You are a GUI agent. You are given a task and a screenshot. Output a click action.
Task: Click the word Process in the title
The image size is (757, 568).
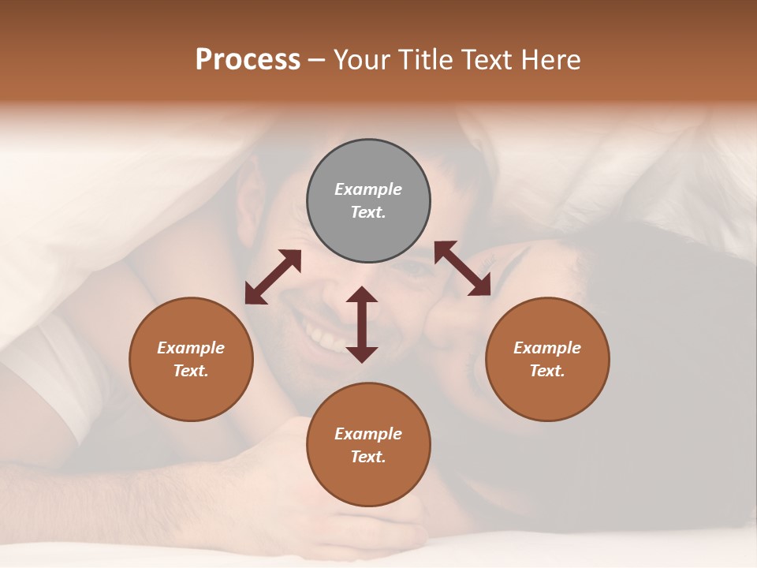248,60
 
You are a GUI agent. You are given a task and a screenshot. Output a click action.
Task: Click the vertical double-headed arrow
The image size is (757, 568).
362,325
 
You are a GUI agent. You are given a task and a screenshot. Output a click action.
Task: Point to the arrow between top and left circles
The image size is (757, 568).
273,277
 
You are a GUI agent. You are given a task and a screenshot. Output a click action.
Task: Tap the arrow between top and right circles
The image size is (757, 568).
463,268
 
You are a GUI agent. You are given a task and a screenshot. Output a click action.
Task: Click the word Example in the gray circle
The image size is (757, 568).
368,189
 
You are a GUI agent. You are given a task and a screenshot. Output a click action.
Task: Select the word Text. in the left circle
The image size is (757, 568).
191,371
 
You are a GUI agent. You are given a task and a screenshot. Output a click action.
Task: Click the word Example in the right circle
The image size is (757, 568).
547,348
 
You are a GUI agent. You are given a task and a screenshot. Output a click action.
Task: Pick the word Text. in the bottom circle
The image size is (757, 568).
368,457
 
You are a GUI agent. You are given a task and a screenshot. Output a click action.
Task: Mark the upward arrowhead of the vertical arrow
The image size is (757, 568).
362,295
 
